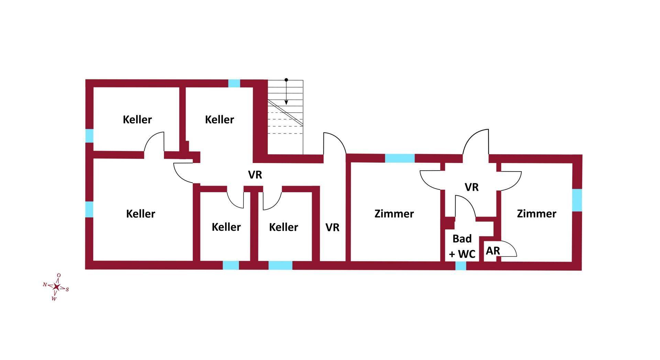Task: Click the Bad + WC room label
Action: point(462,246)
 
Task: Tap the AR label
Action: point(493,251)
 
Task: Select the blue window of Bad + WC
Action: point(461,266)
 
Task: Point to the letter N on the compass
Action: point(45,284)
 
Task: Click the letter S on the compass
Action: point(67,290)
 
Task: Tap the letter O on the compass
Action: point(59,275)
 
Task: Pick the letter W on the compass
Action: point(54,299)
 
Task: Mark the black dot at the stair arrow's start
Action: point(286,80)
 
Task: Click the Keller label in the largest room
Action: point(141,214)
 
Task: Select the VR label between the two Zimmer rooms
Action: point(471,187)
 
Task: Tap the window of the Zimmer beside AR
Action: point(577,200)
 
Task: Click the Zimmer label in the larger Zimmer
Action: point(394,214)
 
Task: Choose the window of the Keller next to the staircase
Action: point(234,83)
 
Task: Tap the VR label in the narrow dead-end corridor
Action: point(332,227)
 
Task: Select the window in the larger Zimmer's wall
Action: point(399,158)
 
